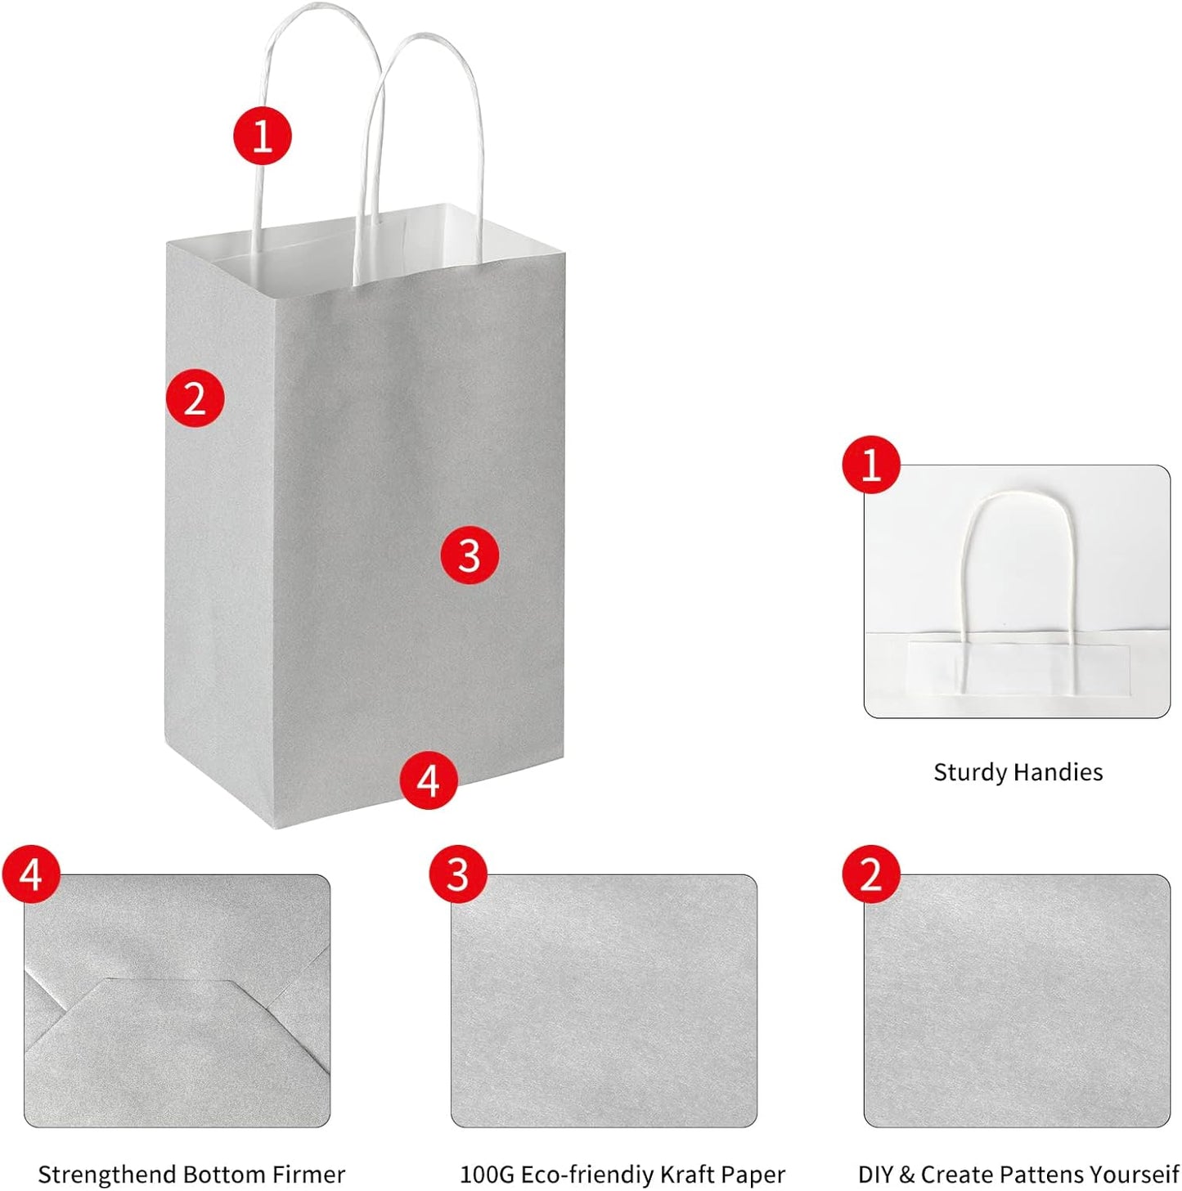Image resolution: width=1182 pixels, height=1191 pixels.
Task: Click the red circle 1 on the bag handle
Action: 263,135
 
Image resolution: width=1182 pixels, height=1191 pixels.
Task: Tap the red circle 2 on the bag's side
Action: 195,398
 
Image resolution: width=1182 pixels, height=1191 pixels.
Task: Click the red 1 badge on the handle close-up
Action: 871,465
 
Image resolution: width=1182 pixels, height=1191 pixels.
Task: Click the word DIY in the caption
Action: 875,1175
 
